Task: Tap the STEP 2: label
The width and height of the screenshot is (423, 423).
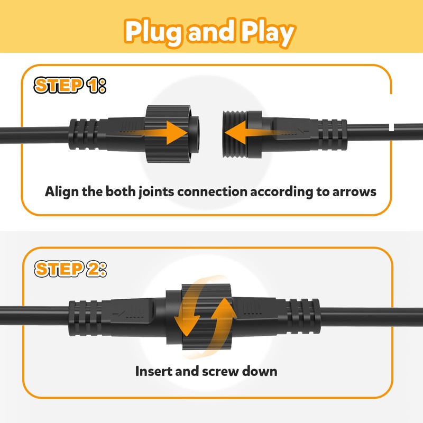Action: coord(69,269)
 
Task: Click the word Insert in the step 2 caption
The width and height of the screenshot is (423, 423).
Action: coord(153,371)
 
